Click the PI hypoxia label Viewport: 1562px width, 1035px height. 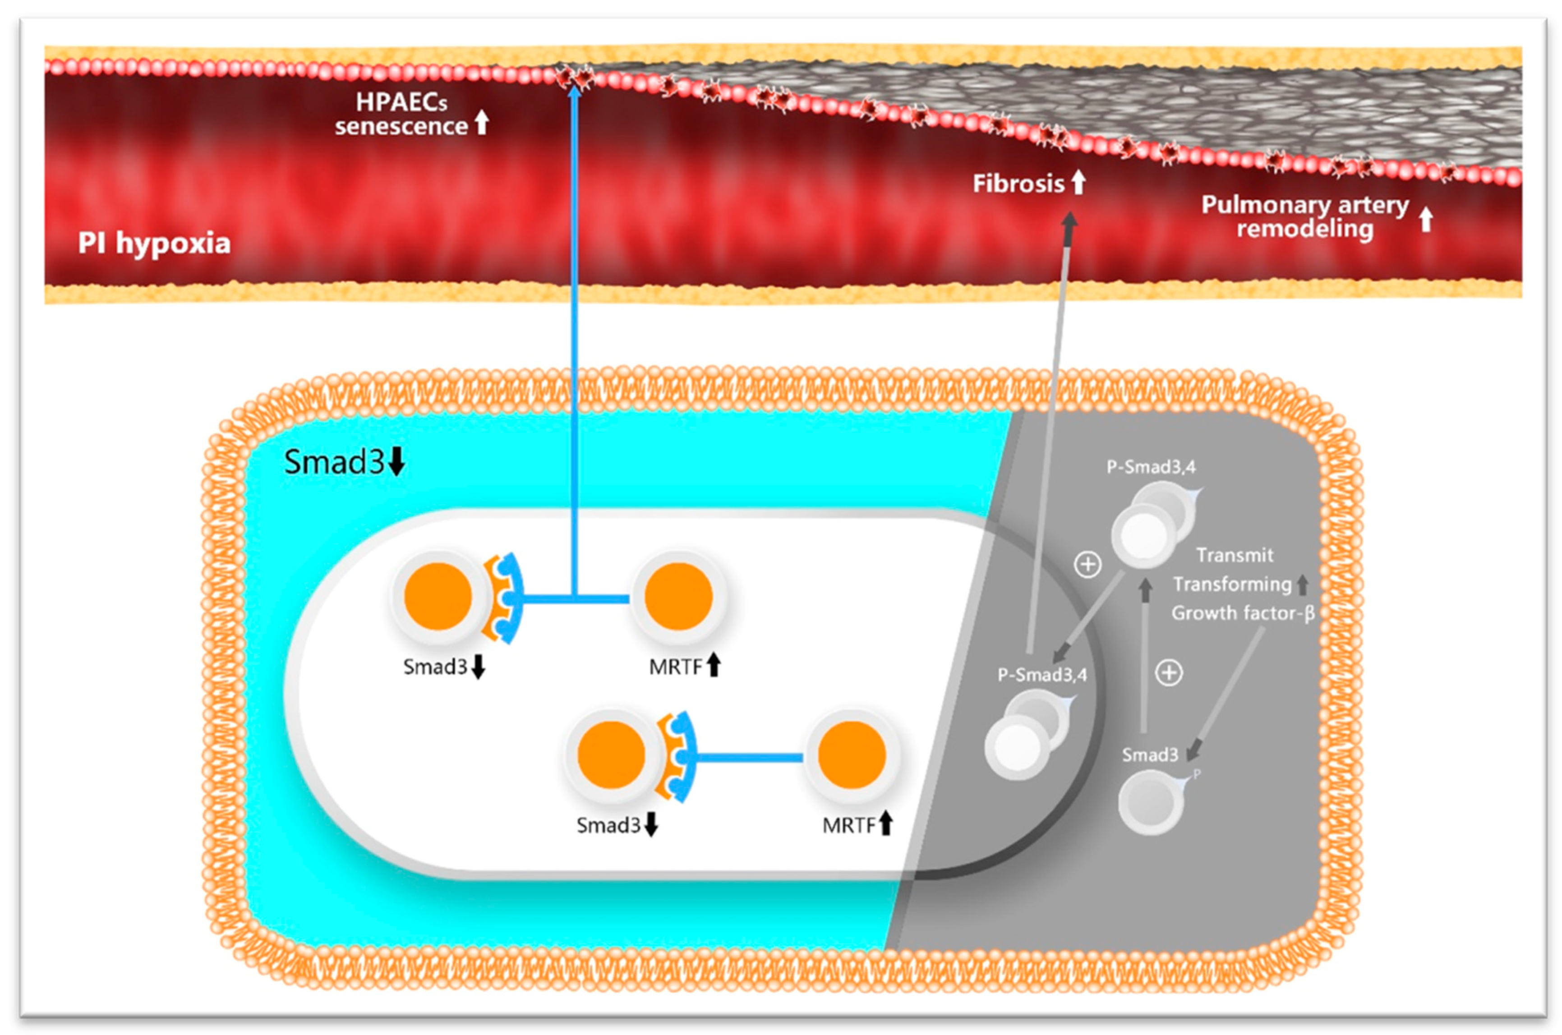coord(154,244)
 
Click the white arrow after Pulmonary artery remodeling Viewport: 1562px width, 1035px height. coord(1425,219)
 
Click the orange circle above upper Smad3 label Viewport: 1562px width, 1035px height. coord(438,596)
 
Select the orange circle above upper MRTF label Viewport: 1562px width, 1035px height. coord(678,596)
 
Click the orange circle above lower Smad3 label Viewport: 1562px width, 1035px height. coord(611,755)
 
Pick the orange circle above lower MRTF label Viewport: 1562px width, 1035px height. coord(852,755)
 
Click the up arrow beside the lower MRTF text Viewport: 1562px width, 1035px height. coord(886,824)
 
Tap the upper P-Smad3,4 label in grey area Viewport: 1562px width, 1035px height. coord(1151,467)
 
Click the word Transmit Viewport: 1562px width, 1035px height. coord(1234,555)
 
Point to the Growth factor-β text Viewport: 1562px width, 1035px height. coord(1243,613)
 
